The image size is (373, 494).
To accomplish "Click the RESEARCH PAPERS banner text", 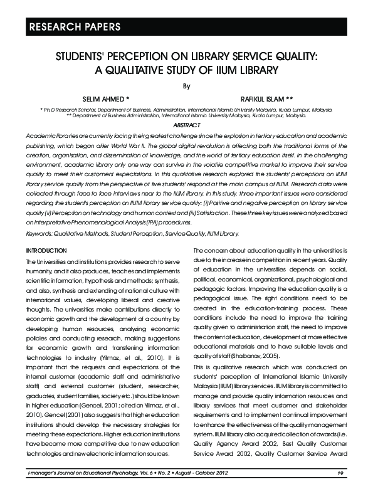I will (x=69, y=27).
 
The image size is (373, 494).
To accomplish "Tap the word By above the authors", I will (x=186, y=85).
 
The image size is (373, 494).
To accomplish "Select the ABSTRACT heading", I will (x=186, y=125).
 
